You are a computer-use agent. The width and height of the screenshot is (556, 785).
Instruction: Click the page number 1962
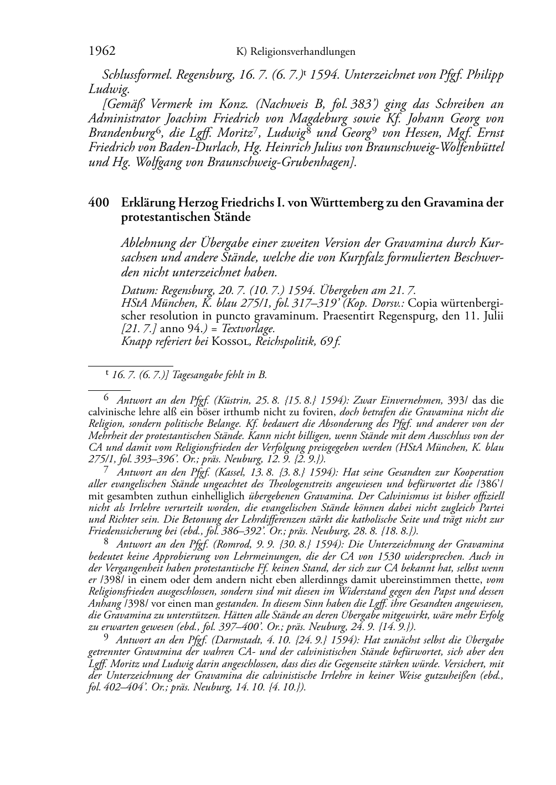(101, 51)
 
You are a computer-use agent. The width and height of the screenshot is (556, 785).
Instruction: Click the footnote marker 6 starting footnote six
(107, 397)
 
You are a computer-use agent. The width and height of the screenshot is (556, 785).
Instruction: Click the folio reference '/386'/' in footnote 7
(490, 483)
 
